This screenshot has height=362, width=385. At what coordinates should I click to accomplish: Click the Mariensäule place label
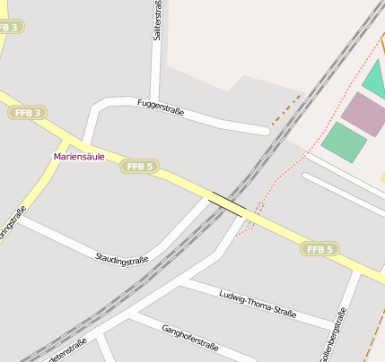click(x=79, y=157)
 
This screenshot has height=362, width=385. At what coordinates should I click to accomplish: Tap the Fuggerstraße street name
click(x=161, y=108)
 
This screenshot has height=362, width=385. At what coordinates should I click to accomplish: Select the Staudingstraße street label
click(x=122, y=258)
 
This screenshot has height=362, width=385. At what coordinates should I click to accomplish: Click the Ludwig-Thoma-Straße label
click(x=258, y=304)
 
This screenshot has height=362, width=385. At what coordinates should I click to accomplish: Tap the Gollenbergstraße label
click(x=333, y=336)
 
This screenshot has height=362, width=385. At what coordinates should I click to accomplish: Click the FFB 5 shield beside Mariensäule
click(x=140, y=167)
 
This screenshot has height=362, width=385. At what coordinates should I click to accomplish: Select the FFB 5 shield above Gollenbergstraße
click(x=319, y=249)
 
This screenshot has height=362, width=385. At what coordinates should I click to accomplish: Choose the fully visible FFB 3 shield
click(x=29, y=113)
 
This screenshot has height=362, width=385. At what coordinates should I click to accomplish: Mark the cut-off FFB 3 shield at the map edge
click(x=9, y=28)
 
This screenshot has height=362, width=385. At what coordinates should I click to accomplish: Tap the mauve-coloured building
click(x=363, y=115)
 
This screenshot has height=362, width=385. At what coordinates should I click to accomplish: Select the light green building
click(x=344, y=142)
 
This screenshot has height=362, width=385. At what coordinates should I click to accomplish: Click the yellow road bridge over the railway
click(x=228, y=203)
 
